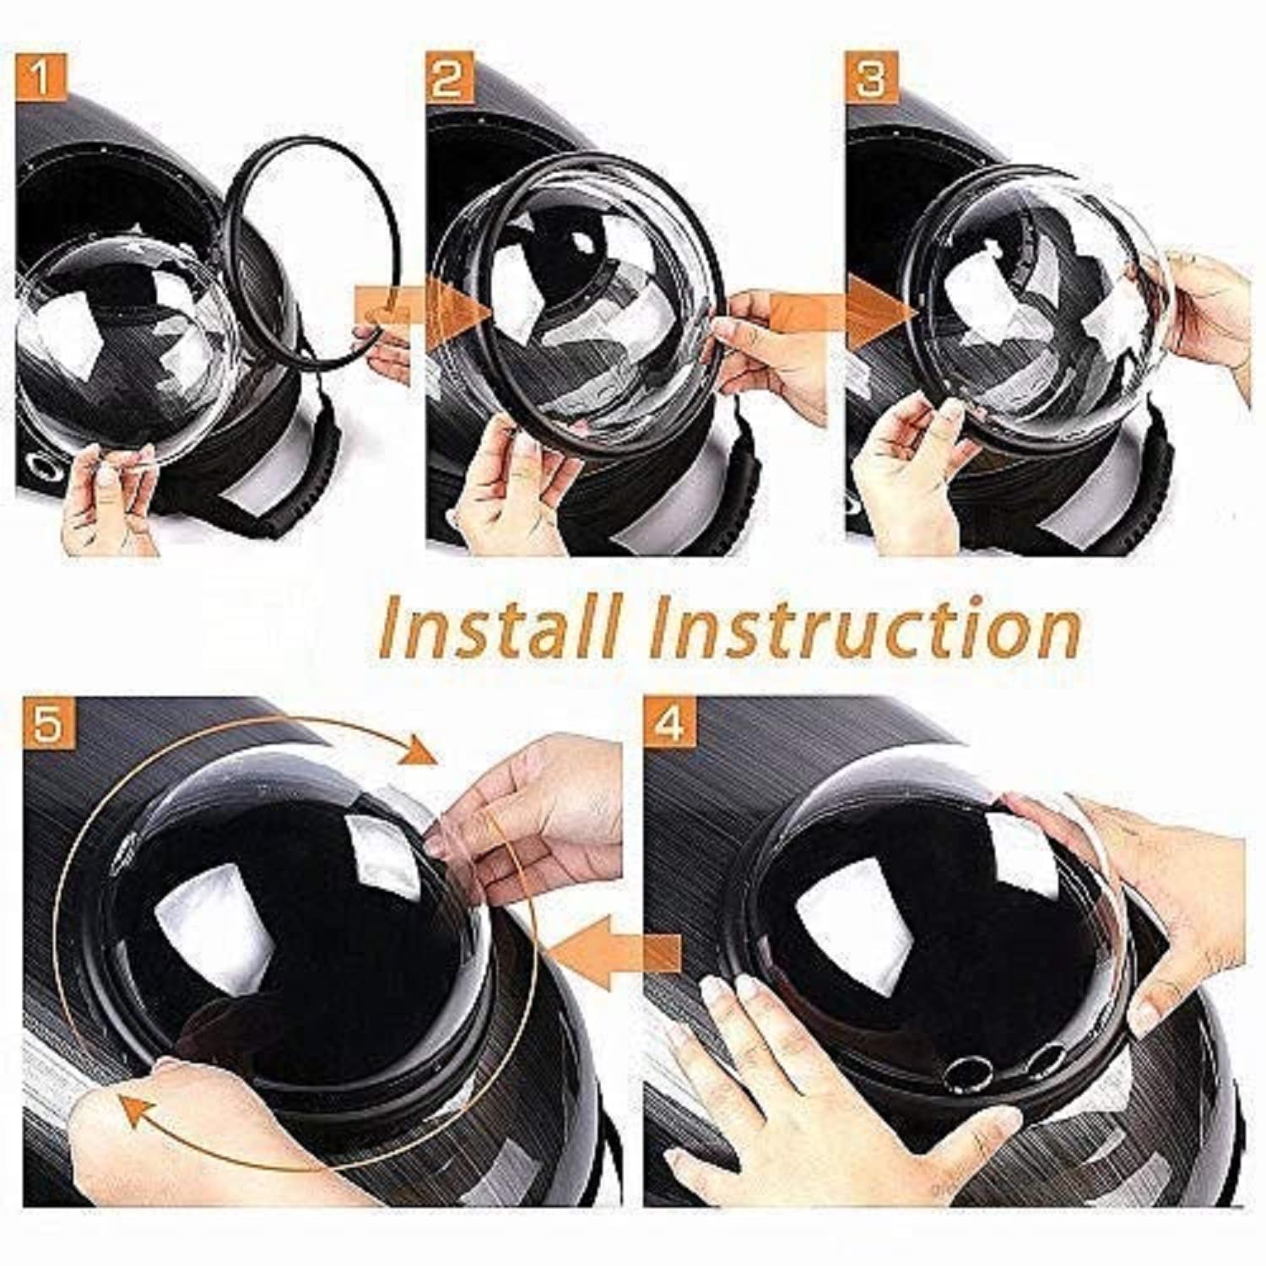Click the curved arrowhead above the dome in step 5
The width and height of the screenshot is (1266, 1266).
tap(417, 749)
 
